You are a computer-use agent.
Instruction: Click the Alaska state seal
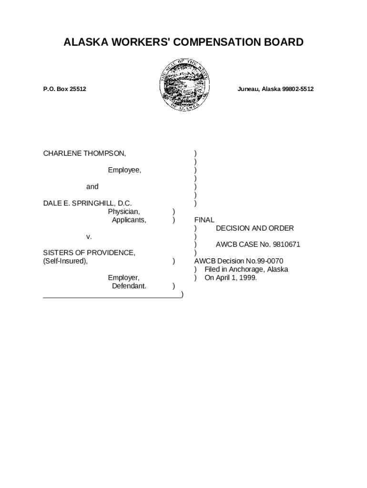click(x=183, y=86)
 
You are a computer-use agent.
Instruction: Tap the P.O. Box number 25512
click(x=76, y=89)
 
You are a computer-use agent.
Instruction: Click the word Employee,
click(x=124, y=170)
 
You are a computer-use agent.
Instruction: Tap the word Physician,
click(x=124, y=212)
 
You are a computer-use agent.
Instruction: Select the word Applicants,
click(x=129, y=220)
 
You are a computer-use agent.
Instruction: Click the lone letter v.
click(x=89, y=236)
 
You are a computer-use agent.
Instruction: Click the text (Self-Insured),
click(x=65, y=261)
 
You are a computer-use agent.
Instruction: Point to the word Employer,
click(x=123, y=278)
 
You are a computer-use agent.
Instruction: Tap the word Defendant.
click(x=129, y=286)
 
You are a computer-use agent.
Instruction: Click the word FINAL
click(x=204, y=220)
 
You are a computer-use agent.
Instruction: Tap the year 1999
click(x=248, y=278)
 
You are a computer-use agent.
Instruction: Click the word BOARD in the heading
click(x=285, y=42)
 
